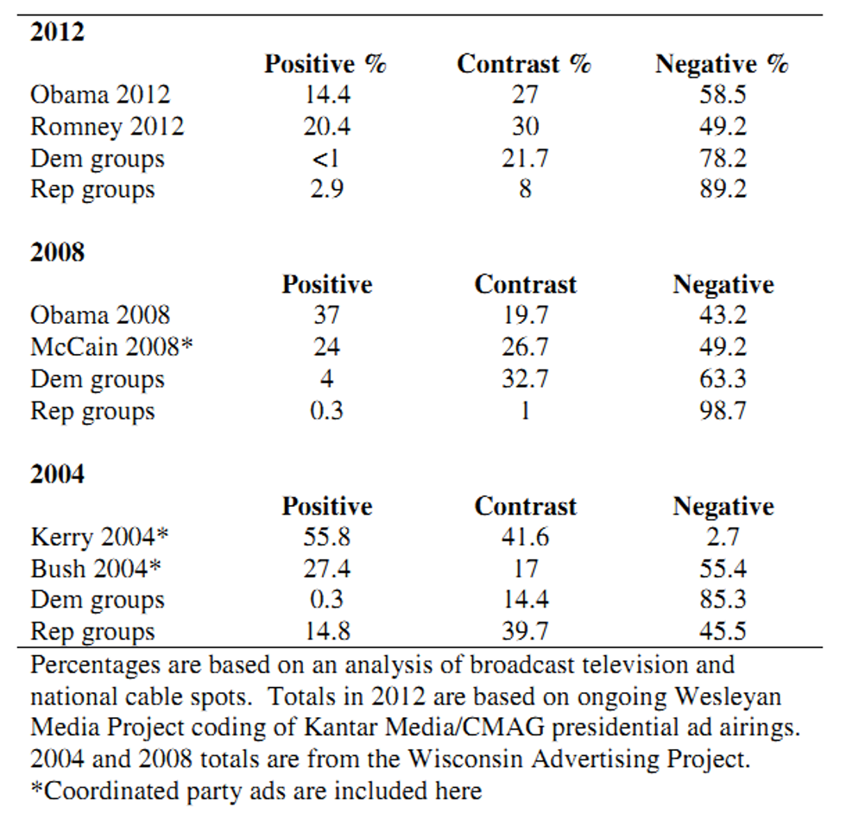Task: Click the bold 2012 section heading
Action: [58, 32]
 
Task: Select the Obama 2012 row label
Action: [100, 95]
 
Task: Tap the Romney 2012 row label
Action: [107, 127]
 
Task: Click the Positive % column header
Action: [325, 64]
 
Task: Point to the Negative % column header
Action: [723, 64]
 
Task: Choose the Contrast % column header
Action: [524, 64]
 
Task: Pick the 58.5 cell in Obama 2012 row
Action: [723, 95]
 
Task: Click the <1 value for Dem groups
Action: [325, 159]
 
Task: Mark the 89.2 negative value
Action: [723, 190]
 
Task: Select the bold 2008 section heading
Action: [58, 253]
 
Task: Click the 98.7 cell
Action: [723, 411]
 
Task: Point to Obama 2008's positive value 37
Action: [325, 316]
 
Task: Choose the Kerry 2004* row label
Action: [100, 537]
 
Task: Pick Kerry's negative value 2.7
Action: [723, 537]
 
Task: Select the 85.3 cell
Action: [723, 600]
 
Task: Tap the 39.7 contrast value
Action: [524, 632]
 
